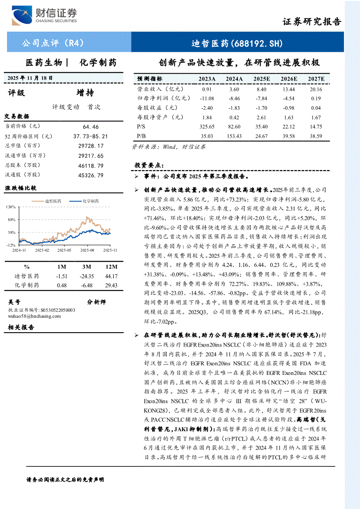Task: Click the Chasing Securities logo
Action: point(44,16)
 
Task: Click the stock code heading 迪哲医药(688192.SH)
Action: point(237,43)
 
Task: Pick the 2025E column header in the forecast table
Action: point(262,79)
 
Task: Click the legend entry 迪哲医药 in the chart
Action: point(53,201)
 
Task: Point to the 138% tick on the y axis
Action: point(11,207)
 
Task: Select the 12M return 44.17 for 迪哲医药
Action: point(111,276)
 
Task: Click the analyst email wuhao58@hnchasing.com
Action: point(34,316)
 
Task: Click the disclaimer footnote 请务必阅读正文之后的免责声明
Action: point(65,479)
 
